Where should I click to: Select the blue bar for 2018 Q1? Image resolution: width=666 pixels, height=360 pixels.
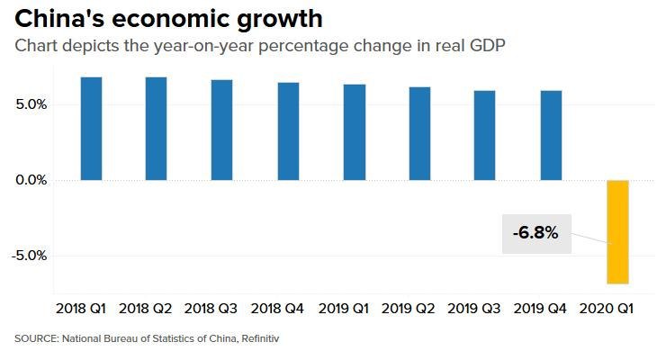click(91, 129)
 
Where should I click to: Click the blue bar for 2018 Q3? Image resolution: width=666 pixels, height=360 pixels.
click(222, 130)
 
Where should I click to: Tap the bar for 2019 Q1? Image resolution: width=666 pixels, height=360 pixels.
click(354, 132)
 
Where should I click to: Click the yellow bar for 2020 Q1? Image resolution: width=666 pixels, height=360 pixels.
click(617, 232)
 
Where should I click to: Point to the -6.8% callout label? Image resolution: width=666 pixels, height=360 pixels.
click(535, 233)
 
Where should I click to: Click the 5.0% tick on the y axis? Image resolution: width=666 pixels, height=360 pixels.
click(31, 104)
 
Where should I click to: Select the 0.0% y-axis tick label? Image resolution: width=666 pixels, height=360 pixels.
click(31, 180)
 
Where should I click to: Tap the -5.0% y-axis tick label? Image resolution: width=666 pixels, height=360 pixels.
click(29, 256)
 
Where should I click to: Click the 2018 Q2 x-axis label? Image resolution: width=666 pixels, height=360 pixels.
click(146, 309)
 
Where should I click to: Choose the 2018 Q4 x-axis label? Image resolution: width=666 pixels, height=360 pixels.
click(277, 309)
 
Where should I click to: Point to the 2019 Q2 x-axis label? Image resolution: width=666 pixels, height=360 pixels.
click(409, 309)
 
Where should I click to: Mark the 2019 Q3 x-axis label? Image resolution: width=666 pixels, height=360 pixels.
click(474, 309)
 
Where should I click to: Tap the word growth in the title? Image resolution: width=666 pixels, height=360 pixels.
click(279, 20)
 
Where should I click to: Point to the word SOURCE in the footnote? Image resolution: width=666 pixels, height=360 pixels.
click(34, 339)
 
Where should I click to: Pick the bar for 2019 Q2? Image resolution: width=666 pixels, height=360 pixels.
click(419, 133)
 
